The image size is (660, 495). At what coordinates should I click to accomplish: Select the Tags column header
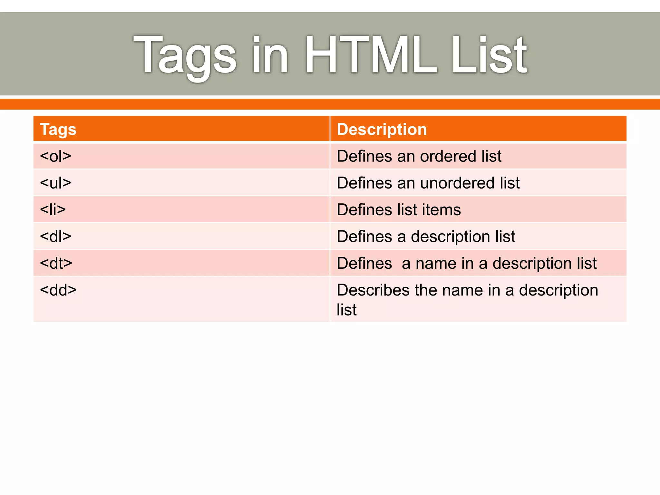point(58,130)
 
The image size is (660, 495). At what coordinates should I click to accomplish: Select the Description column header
point(382,130)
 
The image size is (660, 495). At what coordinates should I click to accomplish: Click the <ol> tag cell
point(55,156)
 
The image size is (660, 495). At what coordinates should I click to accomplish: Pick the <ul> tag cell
point(55,183)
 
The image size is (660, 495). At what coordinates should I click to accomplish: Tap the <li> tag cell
point(53,210)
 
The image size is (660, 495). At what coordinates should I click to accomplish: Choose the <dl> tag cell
point(55,237)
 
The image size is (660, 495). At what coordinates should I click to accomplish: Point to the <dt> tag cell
point(56,263)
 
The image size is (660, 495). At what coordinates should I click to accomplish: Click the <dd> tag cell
point(58,290)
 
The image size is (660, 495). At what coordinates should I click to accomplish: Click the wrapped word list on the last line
point(347,310)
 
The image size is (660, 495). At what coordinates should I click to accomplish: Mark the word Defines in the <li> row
point(364,210)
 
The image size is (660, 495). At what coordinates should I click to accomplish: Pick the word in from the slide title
point(270,55)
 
